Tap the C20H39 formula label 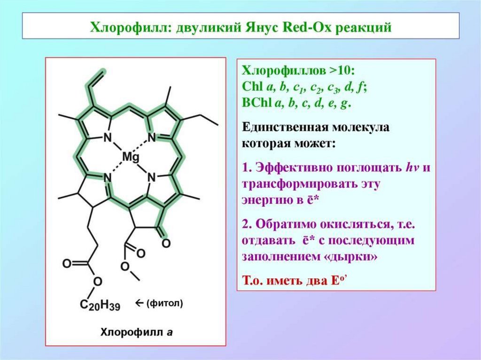[100, 306]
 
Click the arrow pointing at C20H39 [138, 303]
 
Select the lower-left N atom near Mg [107, 177]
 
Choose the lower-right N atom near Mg [151, 177]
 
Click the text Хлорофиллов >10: [299, 72]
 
